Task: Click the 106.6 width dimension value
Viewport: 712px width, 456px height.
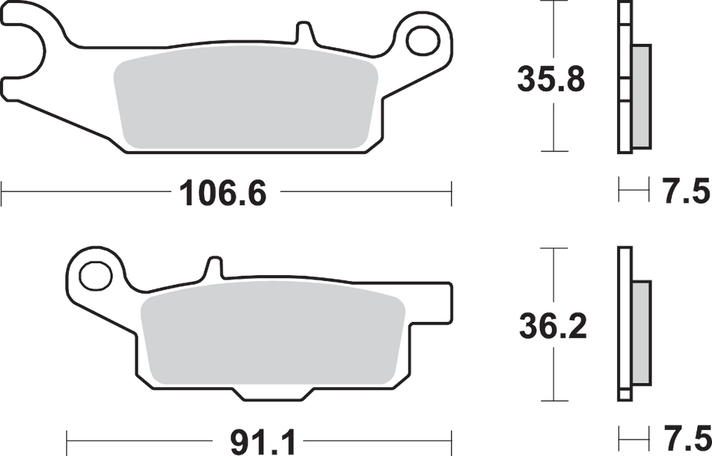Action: coord(222,194)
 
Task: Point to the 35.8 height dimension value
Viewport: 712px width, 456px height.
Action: coord(551,79)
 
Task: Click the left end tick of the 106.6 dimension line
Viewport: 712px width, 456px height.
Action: coord(4,194)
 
